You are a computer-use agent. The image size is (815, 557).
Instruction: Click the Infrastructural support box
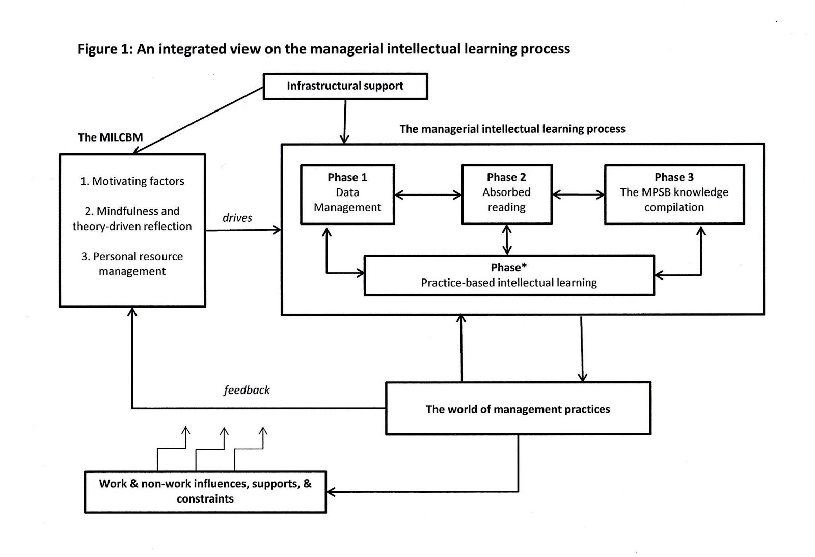pos(345,86)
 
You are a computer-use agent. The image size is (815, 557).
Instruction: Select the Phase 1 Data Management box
pos(347,194)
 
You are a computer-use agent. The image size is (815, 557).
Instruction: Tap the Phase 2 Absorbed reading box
pos(506,194)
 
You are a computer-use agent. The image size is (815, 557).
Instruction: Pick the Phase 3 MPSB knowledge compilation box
pos(674,194)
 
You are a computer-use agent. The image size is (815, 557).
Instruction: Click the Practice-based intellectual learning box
pos(508,275)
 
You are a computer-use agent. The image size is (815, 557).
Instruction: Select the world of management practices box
pos(518,409)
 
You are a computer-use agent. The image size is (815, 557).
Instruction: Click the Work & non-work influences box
pos(205,491)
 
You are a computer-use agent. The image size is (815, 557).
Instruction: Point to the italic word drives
pos(237,218)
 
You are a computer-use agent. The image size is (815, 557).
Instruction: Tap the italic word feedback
pos(247,390)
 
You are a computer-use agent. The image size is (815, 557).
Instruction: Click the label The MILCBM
pos(111,137)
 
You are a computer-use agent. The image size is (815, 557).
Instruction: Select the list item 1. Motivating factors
pos(132,181)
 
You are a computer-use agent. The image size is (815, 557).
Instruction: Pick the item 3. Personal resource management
pos(132,264)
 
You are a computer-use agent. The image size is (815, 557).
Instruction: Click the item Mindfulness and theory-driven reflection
pos(132,218)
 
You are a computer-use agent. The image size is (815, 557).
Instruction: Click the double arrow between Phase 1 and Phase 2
pos(428,194)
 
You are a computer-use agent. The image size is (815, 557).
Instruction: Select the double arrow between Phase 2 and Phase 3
pos(578,194)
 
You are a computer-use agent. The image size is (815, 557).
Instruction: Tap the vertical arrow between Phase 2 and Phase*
pos(507,239)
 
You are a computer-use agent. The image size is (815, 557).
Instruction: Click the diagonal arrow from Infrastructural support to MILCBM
pos(199,120)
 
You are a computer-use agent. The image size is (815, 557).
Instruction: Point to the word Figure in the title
pos(97,49)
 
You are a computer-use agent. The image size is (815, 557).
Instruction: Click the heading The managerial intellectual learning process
pos(512,129)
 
